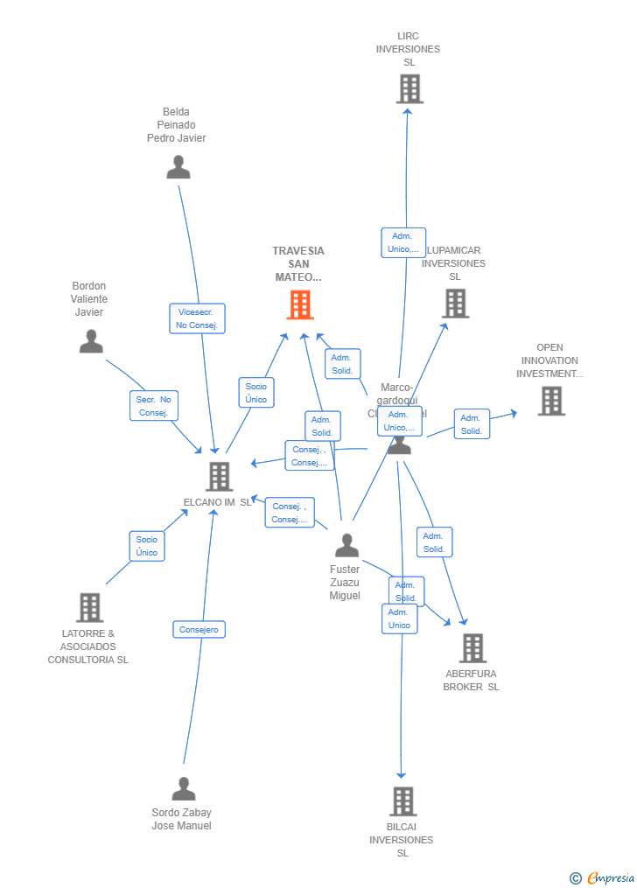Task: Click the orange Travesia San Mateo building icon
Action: pos(300,304)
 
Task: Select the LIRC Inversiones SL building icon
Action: pos(409,88)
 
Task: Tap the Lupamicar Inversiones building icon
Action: pos(455,303)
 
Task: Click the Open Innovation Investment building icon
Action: pos(550,401)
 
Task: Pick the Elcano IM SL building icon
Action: pos(219,476)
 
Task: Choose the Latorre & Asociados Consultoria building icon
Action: pos(89,607)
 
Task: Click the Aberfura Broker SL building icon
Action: pos(472,648)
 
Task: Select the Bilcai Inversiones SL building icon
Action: pos(402,801)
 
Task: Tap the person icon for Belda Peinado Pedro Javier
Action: pos(178,166)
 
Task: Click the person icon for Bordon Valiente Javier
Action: pos(91,341)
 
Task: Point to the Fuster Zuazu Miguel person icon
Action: pos(346,546)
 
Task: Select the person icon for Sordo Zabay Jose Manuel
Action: pos(183,789)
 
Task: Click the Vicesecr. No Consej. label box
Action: pos(197,318)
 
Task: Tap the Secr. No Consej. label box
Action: pos(154,406)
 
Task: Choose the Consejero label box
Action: pos(199,629)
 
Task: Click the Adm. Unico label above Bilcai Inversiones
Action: pos(399,619)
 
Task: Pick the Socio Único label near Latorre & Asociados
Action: pos(147,546)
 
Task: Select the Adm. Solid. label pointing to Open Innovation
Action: pos(472,424)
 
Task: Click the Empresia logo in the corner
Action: pos(603,878)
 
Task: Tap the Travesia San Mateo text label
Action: pos(298,263)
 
